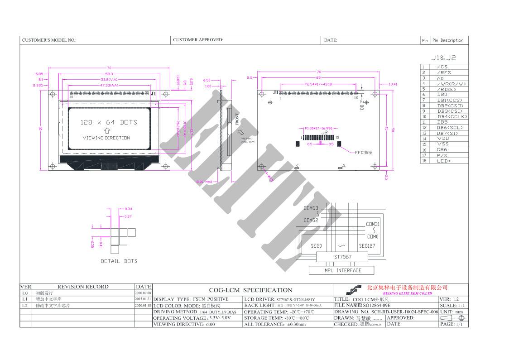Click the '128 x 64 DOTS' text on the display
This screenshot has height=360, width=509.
point(109,122)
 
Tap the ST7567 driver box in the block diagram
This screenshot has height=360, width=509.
point(343,257)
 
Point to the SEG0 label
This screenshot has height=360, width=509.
point(316,246)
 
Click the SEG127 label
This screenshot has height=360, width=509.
point(367,246)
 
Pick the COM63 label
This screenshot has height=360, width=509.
point(311,208)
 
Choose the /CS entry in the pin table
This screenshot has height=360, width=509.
point(442,67)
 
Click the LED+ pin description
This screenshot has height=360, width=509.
point(443,161)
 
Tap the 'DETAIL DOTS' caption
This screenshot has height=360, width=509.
point(119,261)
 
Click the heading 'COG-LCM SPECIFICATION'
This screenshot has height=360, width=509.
point(250,290)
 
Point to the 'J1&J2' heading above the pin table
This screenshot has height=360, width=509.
point(443,58)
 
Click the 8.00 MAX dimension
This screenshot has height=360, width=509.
point(204,182)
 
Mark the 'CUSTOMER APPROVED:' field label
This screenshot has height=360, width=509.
point(198,40)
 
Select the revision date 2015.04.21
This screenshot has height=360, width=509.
point(143,299)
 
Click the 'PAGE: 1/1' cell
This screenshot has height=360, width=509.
point(453,324)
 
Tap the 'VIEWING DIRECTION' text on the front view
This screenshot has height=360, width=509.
point(106,138)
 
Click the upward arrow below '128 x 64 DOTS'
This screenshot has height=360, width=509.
point(107,130)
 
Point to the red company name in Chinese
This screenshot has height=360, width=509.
point(407,288)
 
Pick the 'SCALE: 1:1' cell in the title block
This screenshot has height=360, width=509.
point(453,306)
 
